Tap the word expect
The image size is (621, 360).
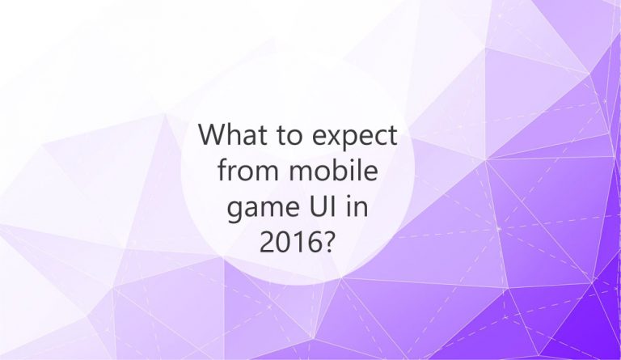(x=354, y=137)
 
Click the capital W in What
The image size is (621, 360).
(x=213, y=134)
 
